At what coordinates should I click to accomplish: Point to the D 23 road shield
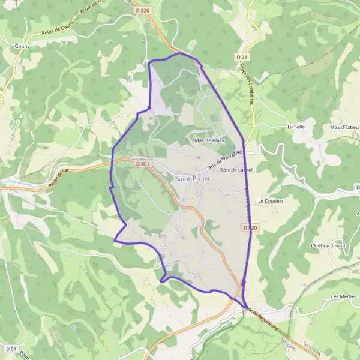point(242,57)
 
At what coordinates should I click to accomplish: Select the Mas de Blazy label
point(209,140)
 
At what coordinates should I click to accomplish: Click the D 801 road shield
point(142,164)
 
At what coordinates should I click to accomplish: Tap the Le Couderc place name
point(269,200)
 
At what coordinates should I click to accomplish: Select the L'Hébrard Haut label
point(326,245)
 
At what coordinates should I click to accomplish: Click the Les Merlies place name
point(343,297)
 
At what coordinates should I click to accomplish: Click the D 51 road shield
point(10,349)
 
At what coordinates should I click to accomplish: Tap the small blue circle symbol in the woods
point(74,327)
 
